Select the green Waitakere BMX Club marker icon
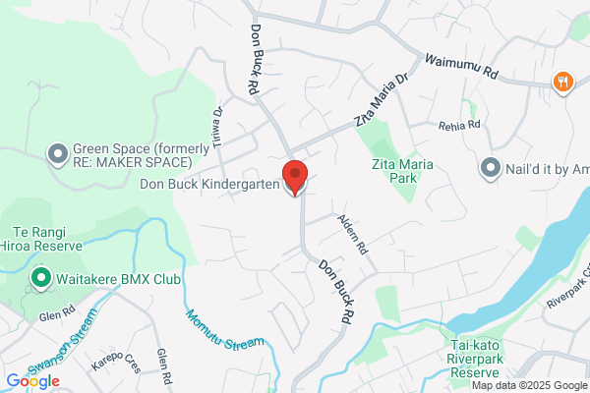pos(41,279)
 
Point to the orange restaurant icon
pos(563,83)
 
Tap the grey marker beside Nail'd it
pos(491,168)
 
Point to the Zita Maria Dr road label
pos(381,101)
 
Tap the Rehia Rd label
pos(459,125)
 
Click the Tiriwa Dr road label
pos(218,127)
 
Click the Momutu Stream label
pos(224,331)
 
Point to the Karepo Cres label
pos(116,366)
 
